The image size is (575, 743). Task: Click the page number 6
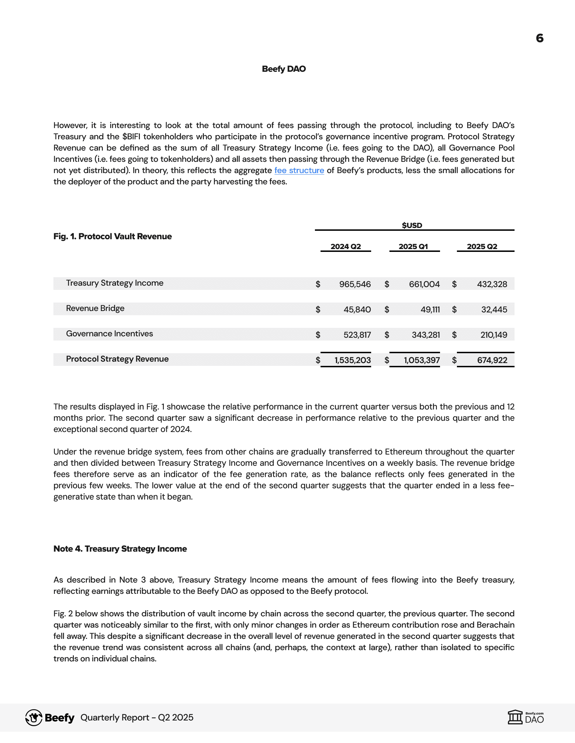tap(540, 38)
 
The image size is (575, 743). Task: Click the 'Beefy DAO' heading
tap(284, 69)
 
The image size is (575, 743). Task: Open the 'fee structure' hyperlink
tap(299, 171)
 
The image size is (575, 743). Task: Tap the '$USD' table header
tap(412, 226)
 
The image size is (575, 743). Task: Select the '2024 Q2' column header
tap(345, 247)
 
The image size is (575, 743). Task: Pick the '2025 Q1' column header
tap(413, 247)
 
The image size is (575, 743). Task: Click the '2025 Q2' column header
tap(482, 247)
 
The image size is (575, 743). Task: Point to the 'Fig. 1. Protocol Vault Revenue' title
tap(112, 236)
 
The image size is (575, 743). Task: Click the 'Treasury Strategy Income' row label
tap(115, 283)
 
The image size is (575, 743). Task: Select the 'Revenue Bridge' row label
tap(95, 309)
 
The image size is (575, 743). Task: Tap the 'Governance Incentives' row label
tap(109, 334)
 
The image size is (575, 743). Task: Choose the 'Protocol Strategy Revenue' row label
tap(117, 359)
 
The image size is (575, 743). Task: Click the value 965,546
tap(355, 284)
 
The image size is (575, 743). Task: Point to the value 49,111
tap(430, 310)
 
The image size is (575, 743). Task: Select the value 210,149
tap(493, 335)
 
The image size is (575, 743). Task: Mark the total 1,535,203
tap(353, 360)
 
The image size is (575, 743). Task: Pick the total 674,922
tap(492, 360)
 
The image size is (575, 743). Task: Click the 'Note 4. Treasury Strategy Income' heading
tap(120, 549)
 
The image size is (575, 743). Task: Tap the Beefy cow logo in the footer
tap(34, 717)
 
